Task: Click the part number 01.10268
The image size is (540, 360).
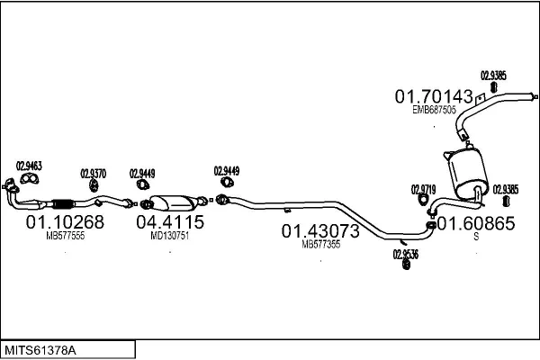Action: pos(65,221)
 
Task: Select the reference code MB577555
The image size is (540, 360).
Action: pos(65,236)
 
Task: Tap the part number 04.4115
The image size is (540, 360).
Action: pos(170,221)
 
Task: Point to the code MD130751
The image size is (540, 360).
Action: pos(169,236)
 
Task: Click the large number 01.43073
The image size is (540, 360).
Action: pos(321,231)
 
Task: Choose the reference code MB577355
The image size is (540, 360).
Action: pos(320,245)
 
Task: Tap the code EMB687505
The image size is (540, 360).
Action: pos(434,110)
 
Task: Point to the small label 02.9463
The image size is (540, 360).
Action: pos(30,166)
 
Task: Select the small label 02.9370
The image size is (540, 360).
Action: pos(94,174)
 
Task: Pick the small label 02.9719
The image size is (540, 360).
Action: pos(424,189)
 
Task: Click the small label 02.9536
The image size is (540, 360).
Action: pos(406,253)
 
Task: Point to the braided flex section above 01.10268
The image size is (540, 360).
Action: pos(63,202)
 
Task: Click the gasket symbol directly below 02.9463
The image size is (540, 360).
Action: pos(29,178)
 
